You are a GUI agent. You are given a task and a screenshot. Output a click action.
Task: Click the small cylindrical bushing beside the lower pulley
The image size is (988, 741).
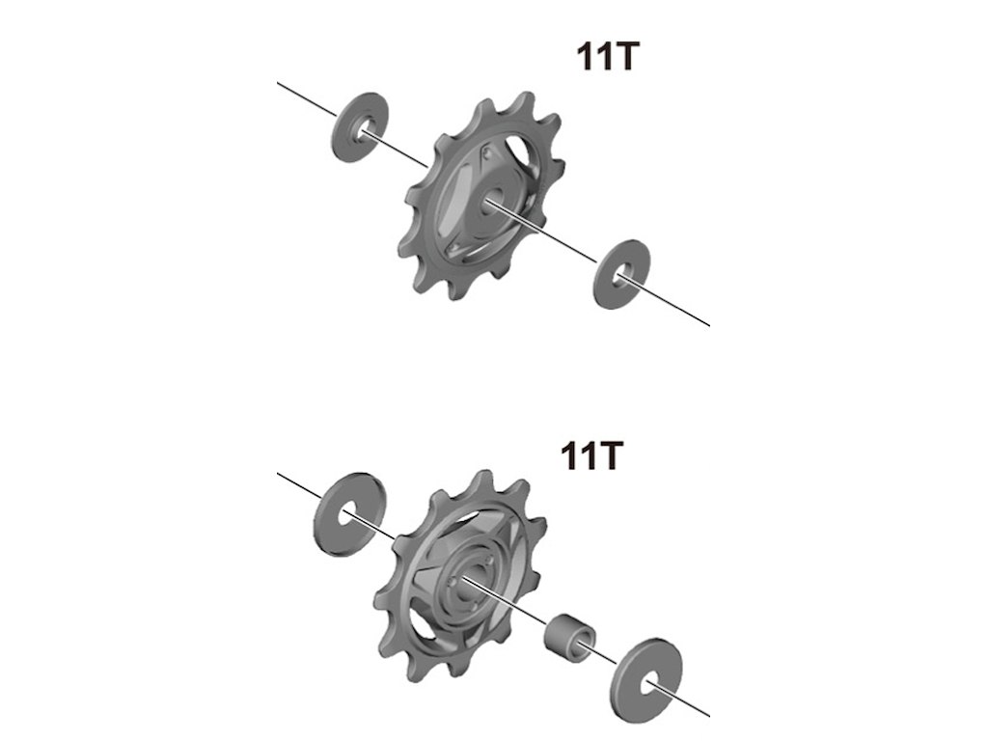coord(570,638)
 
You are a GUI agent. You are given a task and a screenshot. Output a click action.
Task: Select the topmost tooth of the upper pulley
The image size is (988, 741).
coord(524,101)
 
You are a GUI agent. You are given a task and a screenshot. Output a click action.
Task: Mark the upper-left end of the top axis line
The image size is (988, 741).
coord(279,84)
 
